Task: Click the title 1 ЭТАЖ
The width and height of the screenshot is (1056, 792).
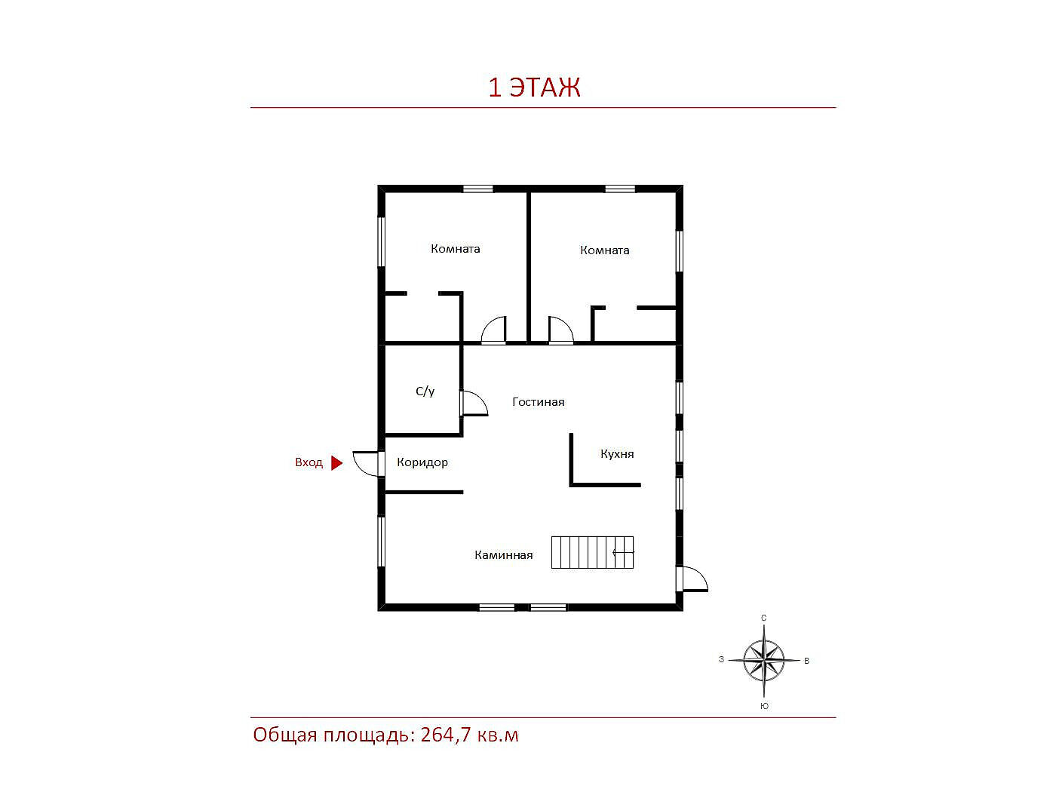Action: (x=534, y=87)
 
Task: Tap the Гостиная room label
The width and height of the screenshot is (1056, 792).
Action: (x=538, y=401)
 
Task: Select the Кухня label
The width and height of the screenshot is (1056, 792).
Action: (x=617, y=453)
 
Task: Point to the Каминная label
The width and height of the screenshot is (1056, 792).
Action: (x=503, y=555)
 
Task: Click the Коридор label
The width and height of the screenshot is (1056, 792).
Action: (x=422, y=462)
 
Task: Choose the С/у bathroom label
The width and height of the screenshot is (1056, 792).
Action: (x=425, y=391)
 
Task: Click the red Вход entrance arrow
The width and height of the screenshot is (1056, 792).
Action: (x=336, y=463)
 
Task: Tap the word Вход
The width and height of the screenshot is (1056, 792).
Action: (x=309, y=462)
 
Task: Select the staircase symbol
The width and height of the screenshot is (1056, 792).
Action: (x=592, y=553)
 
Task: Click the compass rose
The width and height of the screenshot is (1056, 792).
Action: (x=763, y=661)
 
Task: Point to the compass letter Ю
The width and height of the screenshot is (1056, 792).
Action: (x=764, y=706)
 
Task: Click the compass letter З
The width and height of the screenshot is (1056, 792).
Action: (x=721, y=659)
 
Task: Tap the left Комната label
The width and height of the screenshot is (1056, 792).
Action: (x=455, y=249)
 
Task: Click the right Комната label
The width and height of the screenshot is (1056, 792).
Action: (x=604, y=250)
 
